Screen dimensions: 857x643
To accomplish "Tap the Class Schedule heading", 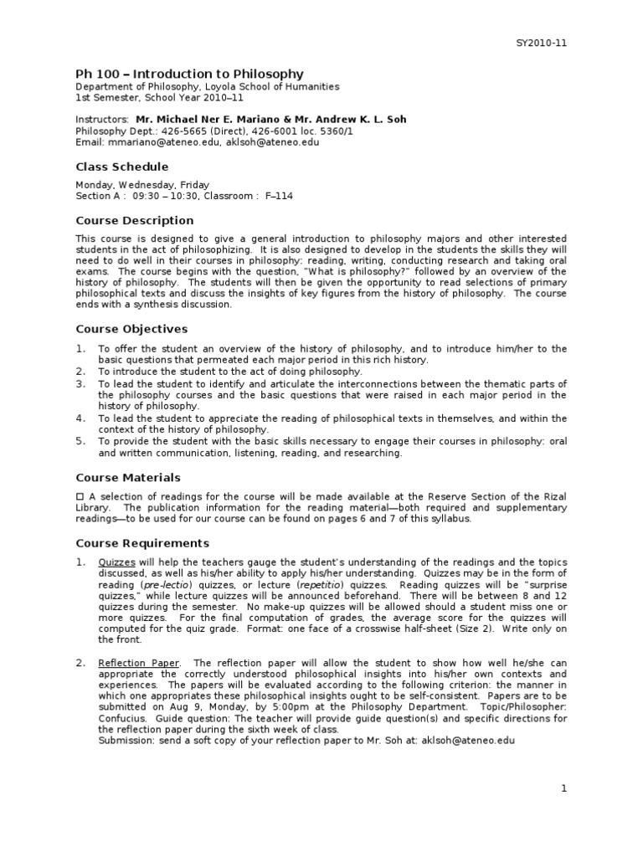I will [121, 167].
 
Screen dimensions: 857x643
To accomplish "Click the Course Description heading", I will [134, 220].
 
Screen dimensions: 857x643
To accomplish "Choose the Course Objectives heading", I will [131, 329].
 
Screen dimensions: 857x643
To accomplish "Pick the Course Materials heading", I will [128, 477].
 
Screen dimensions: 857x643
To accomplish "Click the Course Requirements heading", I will [142, 543].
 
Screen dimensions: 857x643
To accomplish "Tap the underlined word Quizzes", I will [116, 562].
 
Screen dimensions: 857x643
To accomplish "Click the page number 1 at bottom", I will [564, 788].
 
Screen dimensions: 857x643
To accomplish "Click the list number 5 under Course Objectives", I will [80, 441].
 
